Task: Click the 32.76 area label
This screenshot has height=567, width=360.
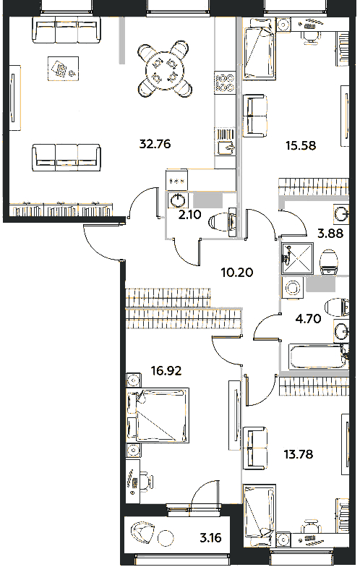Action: [155, 144]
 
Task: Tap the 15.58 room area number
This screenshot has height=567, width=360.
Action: [301, 146]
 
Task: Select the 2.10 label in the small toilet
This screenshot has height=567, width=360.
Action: [189, 216]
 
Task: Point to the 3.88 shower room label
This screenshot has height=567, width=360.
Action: [330, 234]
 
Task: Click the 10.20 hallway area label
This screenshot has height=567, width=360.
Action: [237, 272]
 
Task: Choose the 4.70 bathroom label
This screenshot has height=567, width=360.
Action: [309, 318]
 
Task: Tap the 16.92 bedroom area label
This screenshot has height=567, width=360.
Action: [166, 370]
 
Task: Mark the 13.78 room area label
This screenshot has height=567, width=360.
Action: [298, 454]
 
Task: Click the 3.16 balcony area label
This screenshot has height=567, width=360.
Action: [210, 538]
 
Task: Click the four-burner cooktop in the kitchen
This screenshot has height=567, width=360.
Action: [225, 82]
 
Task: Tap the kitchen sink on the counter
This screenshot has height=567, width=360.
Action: [226, 147]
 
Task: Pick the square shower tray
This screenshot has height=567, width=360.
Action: [296, 258]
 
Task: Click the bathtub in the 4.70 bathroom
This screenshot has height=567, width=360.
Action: [317, 357]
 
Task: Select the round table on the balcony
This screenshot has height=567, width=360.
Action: [166, 537]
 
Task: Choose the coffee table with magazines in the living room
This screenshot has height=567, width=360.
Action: [63, 68]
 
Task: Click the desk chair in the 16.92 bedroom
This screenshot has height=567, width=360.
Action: [147, 480]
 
